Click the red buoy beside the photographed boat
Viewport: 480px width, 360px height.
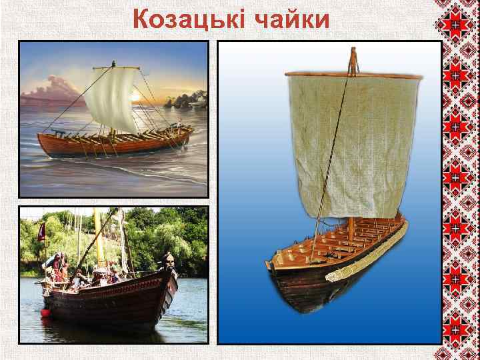(45, 312)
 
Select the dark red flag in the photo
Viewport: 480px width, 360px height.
(41, 232)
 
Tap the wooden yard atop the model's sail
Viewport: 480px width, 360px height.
(353, 76)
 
